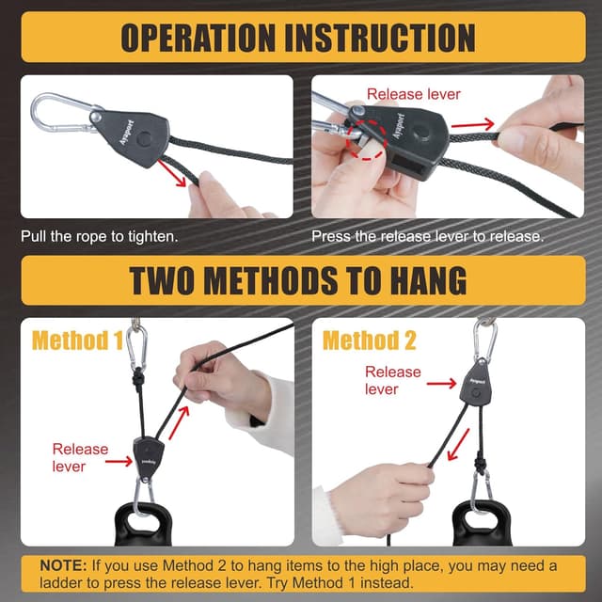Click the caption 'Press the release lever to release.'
pos(428,236)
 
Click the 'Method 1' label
pos(77,340)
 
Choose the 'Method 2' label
pos(369,340)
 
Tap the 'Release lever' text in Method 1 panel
pos(80,457)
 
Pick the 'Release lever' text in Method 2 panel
pos(393,380)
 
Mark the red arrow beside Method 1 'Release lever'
pos(119,461)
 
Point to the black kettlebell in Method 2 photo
pos(481,527)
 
